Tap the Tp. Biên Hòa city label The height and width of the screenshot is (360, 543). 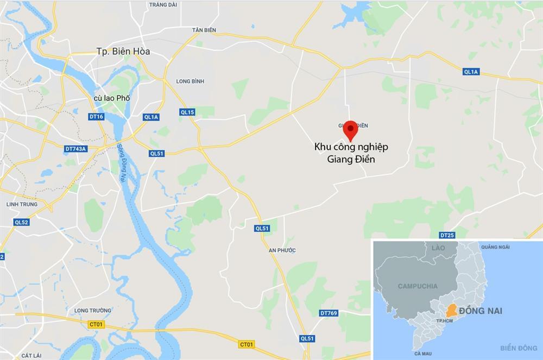123,52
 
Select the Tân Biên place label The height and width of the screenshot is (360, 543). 204,30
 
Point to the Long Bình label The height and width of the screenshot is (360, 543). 190,81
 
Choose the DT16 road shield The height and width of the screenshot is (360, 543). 96,117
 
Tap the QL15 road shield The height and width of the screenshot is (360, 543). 187,112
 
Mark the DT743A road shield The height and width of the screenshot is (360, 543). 76,148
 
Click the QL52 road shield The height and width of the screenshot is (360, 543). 21,222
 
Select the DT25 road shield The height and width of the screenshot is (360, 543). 447,235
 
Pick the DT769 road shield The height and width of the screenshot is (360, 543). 329,313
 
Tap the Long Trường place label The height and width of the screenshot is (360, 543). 93,311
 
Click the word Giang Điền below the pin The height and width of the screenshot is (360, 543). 351,160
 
